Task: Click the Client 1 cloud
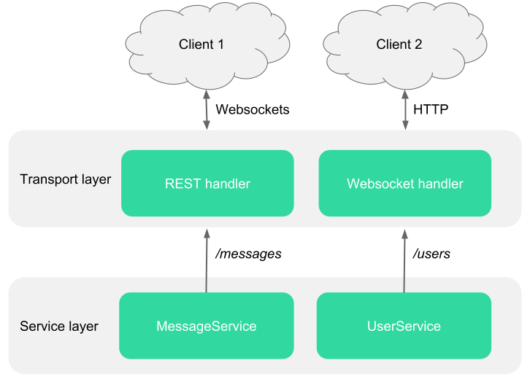(207, 45)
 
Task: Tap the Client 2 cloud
(405, 45)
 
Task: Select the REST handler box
(207, 183)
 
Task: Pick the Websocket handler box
(405, 183)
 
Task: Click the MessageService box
(206, 326)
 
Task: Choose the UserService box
(404, 326)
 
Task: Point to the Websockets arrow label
(253, 109)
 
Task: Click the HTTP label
(431, 109)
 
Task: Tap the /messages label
(248, 254)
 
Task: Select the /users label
(431, 254)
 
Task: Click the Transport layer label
(65, 179)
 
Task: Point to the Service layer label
(59, 327)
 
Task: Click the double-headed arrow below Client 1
(207, 110)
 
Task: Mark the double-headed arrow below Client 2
(405, 110)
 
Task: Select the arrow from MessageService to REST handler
(207, 261)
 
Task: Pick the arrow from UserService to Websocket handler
(404, 261)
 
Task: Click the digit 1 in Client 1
(220, 44)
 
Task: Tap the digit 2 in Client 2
(418, 44)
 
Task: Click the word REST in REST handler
(183, 184)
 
